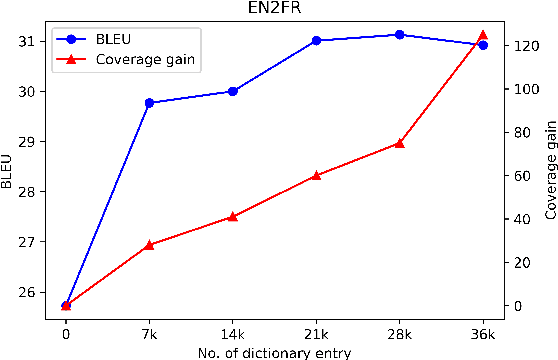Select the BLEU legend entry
[x=117, y=41]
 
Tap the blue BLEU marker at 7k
[x=149, y=103]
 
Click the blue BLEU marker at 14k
[x=233, y=91]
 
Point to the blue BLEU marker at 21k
[x=316, y=40]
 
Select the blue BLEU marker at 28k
[x=400, y=34]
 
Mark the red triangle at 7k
[x=149, y=245]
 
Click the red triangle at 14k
[x=233, y=217]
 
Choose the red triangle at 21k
[x=316, y=175]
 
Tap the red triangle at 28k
[x=400, y=143]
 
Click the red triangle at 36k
[x=483, y=35]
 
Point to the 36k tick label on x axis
[x=483, y=332]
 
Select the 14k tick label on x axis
[x=233, y=332]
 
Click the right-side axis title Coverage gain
[x=549, y=170]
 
